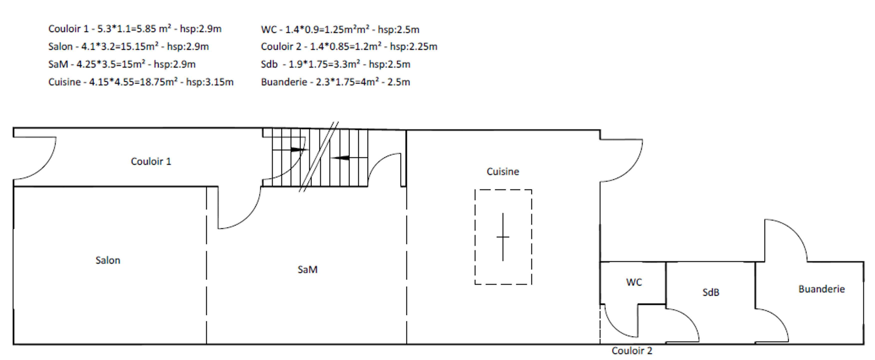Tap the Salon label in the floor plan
108,260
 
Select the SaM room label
307,269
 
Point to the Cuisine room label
503,171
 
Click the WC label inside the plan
634,282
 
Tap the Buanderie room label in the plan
821,289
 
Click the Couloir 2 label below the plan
632,351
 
